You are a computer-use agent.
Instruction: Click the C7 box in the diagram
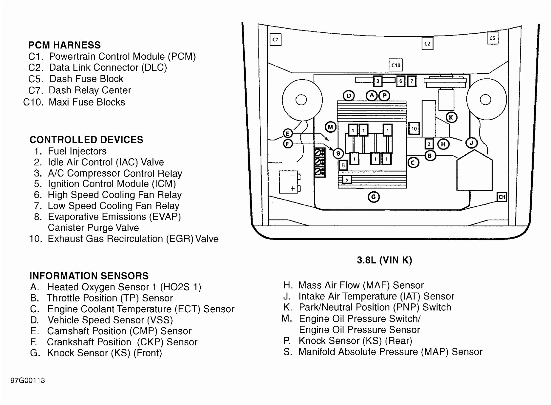275,39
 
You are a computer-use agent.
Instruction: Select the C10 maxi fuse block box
396,65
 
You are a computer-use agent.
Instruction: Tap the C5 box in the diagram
493,38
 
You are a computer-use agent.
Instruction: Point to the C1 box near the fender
502,197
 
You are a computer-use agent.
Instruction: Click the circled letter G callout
374,197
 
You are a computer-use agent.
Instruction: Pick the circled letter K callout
451,117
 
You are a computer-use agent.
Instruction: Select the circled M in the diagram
331,127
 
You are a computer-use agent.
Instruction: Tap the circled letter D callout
349,96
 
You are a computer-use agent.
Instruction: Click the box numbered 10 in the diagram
414,129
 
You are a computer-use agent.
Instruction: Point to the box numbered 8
343,165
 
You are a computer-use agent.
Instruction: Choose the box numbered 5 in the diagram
347,180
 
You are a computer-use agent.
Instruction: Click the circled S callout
338,154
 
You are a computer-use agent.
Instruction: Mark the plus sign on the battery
293,189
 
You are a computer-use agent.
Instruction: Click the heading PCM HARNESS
65,45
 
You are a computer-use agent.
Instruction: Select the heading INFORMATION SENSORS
89,276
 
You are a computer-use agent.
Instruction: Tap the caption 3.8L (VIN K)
384,260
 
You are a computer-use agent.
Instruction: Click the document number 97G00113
28,381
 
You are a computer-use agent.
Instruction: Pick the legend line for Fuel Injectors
70,151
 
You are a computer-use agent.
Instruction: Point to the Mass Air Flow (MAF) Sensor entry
354,285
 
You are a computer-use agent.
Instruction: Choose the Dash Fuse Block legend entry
76,79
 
